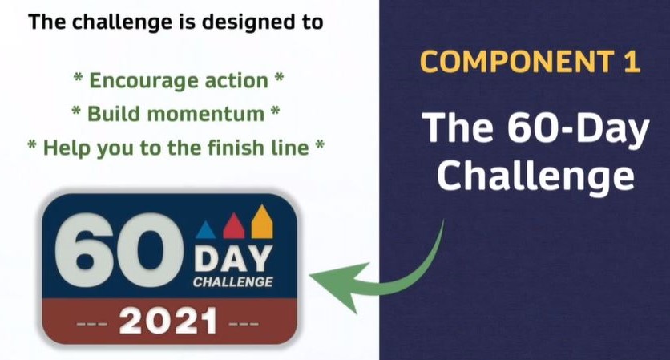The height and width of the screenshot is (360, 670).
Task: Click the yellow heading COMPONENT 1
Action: click(x=530, y=62)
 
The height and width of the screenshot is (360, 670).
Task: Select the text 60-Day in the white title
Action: click(x=578, y=127)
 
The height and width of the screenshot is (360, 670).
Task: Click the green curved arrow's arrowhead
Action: click(x=339, y=285)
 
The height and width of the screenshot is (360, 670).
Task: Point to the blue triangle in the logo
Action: click(x=205, y=230)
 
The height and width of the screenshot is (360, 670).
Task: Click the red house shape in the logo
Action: click(x=234, y=226)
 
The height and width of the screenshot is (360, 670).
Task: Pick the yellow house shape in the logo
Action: click(x=262, y=221)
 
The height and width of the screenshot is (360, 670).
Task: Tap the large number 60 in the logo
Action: click(x=119, y=249)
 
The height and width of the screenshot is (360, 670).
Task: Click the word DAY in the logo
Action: click(x=233, y=259)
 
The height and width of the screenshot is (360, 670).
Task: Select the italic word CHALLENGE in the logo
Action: click(x=233, y=282)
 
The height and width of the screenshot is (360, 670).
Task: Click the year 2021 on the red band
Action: click(x=168, y=321)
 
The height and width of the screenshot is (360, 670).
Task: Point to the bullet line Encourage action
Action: click(x=178, y=80)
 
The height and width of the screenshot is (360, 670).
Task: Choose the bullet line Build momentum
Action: click(x=176, y=114)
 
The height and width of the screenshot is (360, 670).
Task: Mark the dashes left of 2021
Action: click(x=92, y=324)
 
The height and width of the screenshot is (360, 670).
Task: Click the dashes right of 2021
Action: click(x=244, y=324)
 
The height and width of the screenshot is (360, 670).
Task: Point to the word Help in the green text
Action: click(x=67, y=148)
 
